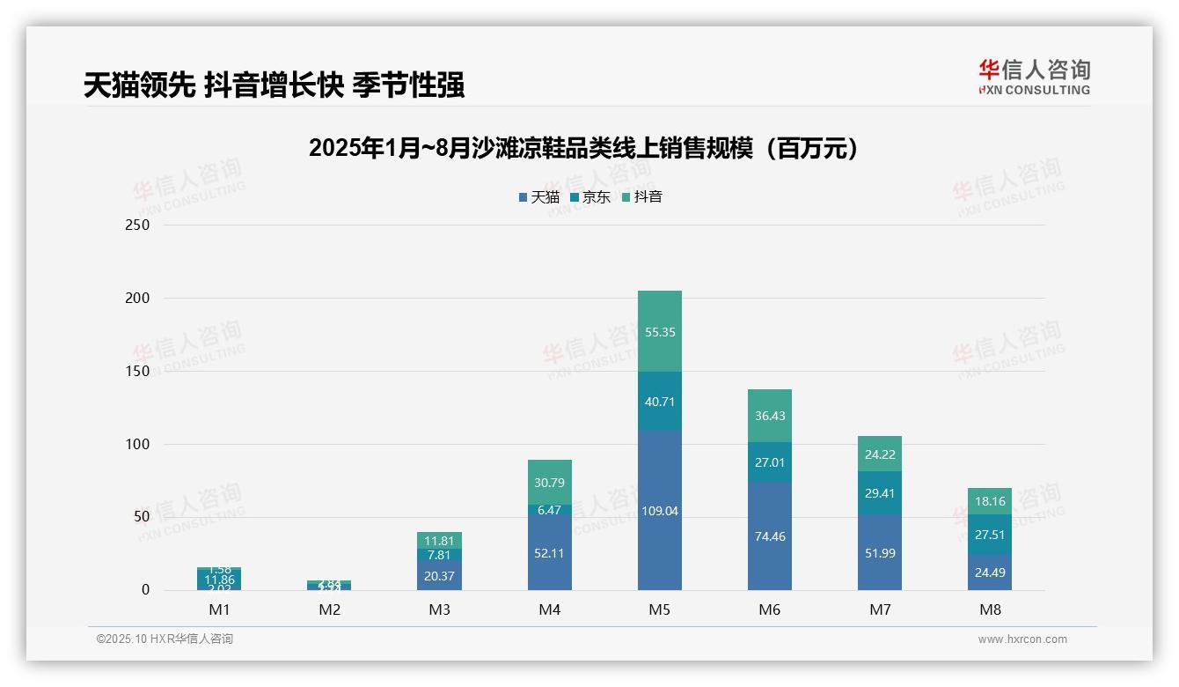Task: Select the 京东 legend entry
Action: pyautogui.click(x=590, y=197)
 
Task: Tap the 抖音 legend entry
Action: pyautogui.click(x=642, y=197)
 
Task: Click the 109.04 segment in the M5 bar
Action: pyautogui.click(x=659, y=511)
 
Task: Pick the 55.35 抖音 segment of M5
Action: pyautogui.click(x=659, y=332)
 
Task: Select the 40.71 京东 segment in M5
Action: pyautogui.click(x=659, y=402)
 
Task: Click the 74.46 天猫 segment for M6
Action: pyautogui.click(x=770, y=536)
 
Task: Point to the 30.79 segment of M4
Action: pyautogui.click(x=550, y=482)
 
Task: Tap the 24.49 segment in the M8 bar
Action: pyautogui.click(x=990, y=572)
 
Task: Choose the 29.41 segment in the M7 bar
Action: pyautogui.click(x=880, y=493)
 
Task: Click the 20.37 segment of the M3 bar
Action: pyautogui.click(x=439, y=575)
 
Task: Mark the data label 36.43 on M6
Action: pyautogui.click(x=770, y=416)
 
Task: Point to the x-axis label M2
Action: pyautogui.click(x=330, y=609)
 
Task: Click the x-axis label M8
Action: pyautogui.click(x=990, y=609)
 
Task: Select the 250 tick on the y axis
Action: pyautogui.click(x=138, y=225)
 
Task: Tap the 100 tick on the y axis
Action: pyautogui.click(x=138, y=444)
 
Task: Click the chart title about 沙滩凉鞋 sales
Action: pyautogui.click(x=583, y=148)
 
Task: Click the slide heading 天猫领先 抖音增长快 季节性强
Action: pyautogui.click(x=274, y=85)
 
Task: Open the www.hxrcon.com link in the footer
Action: pyautogui.click(x=1022, y=639)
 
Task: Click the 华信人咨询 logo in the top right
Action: pyautogui.click(x=1034, y=77)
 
